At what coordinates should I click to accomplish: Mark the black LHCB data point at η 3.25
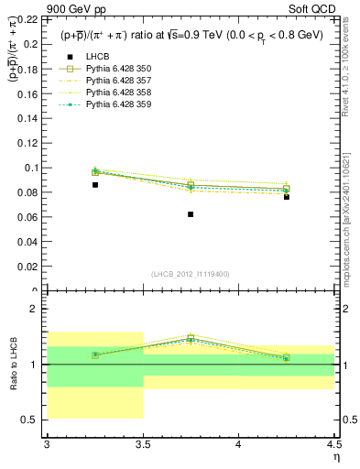94,185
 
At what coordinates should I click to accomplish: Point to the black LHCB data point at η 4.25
287,197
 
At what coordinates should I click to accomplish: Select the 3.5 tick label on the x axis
143,445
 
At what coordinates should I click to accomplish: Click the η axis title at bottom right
335,457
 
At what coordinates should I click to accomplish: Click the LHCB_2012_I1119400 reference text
190,274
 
